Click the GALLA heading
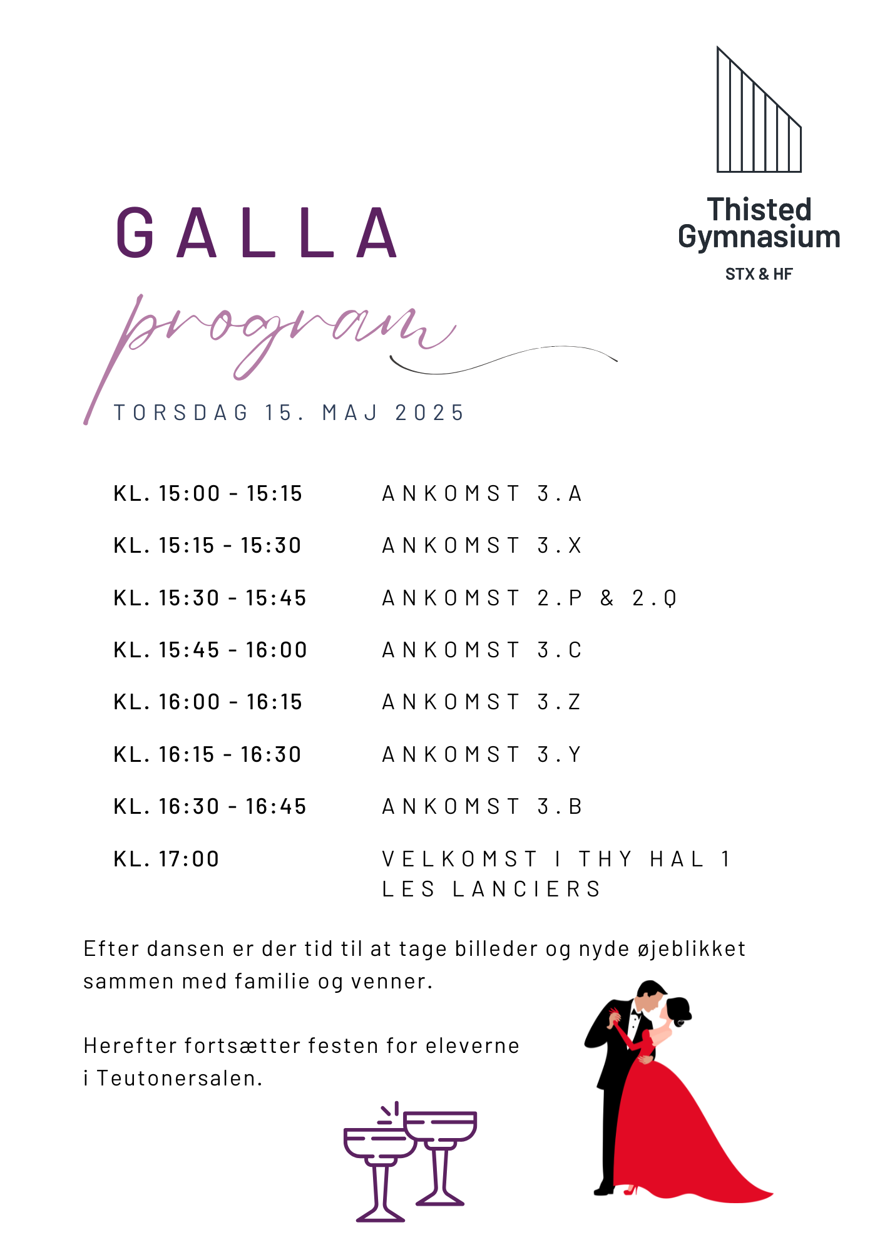click(257, 233)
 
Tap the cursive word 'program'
click(275, 332)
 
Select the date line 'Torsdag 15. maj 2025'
click(289, 413)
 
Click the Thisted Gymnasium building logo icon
click(759, 113)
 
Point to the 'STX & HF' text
click(759, 274)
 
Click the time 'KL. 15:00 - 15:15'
click(208, 494)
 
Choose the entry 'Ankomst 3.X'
click(482, 546)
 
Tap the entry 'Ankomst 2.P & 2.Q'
click(529, 598)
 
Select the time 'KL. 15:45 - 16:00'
click(210, 650)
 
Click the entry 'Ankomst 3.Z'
click(482, 702)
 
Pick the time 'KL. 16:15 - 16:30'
click(208, 755)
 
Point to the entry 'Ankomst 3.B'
click(482, 807)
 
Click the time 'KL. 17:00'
click(166, 859)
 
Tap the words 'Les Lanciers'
click(492, 890)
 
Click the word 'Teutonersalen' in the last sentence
click(179, 1079)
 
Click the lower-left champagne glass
click(379, 1164)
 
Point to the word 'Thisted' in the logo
click(759, 210)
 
